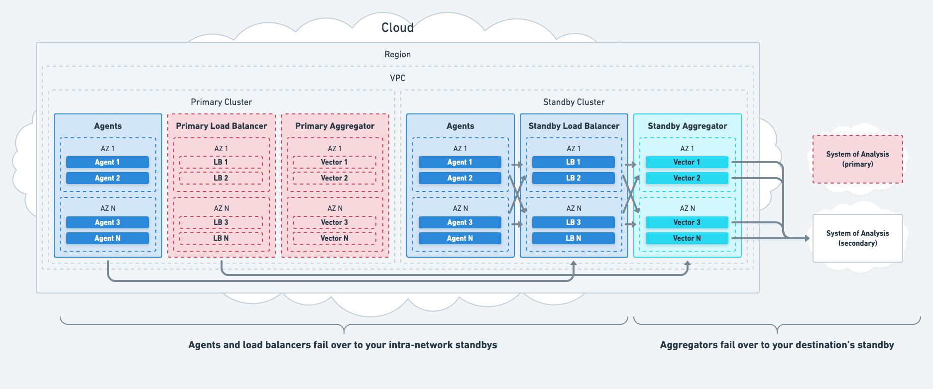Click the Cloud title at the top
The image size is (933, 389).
click(x=397, y=28)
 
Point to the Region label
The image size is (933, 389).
click(x=397, y=54)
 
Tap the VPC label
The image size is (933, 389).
click(x=397, y=78)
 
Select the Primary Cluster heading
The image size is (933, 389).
click(x=221, y=102)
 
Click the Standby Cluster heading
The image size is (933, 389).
click(x=574, y=102)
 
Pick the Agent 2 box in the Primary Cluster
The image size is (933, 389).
click(x=108, y=178)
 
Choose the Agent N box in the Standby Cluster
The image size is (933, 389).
click(x=460, y=238)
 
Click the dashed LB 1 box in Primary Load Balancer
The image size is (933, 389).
click(x=221, y=162)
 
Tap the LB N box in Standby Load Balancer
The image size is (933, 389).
click(x=573, y=238)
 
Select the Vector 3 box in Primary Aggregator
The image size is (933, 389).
click(x=334, y=222)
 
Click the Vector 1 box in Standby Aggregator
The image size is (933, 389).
click(x=687, y=162)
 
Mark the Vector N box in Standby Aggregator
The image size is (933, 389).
click(x=687, y=238)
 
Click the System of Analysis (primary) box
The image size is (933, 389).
click(x=857, y=159)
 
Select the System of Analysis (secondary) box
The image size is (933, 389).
click(x=857, y=238)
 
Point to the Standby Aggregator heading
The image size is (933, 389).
click(x=687, y=126)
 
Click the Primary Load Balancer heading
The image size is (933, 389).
click(x=221, y=126)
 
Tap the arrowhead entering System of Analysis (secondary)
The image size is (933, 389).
click(x=807, y=238)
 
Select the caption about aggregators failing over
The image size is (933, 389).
click(x=777, y=345)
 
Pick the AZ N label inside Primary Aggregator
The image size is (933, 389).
click(x=335, y=208)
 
